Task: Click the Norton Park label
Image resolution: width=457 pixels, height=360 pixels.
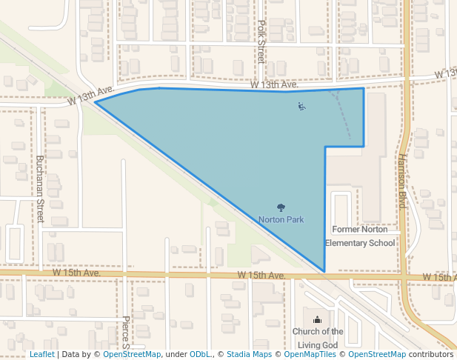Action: click(x=281, y=219)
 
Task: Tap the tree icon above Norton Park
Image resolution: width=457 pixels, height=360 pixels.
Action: click(x=281, y=207)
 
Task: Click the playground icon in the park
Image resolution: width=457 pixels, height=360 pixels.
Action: click(x=301, y=107)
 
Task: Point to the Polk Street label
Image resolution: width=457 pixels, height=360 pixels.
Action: click(x=261, y=41)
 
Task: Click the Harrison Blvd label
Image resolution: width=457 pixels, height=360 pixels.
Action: click(x=402, y=181)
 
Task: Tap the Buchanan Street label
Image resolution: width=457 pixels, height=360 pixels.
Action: click(x=41, y=189)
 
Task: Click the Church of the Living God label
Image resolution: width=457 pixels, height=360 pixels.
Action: click(x=318, y=338)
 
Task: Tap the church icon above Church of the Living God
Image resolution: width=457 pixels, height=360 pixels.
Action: click(x=318, y=319)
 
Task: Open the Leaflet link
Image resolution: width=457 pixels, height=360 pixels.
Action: click(x=41, y=354)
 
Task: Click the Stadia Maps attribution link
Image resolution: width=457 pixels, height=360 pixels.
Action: click(x=248, y=354)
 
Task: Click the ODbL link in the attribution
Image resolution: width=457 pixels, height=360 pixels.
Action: click(x=200, y=354)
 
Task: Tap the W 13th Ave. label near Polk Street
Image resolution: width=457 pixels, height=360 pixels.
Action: click(x=274, y=85)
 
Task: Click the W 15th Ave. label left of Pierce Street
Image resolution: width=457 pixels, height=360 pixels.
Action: click(x=76, y=273)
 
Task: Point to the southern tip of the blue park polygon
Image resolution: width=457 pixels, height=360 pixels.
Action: click(x=324, y=272)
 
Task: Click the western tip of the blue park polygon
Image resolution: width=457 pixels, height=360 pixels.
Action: click(x=95, y=102)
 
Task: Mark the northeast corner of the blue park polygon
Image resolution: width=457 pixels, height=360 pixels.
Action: click(x=363, y=89)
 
